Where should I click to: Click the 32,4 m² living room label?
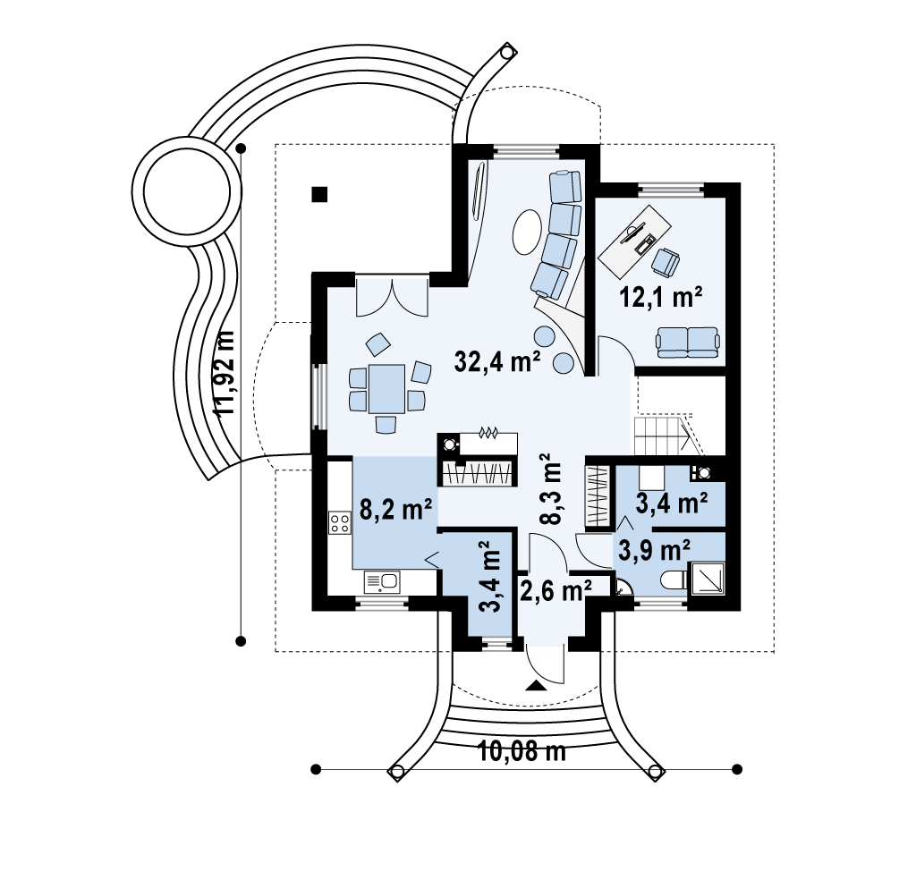(x=497, y=361)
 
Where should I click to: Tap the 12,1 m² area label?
(x=660, y=297)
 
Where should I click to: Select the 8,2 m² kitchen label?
(x=395, y=510)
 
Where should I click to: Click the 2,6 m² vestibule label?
(x=556, y=591)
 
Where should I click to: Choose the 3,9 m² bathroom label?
(x=654, y=550)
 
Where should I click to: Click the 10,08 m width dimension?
(x=522, y=751)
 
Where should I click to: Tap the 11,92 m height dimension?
(x=224, y=374)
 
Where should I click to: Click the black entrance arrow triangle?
(x=535, y=686)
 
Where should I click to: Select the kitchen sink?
(x=382, y=582)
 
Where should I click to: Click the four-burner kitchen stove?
(x=339, y=522)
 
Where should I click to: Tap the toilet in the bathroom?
(x=674, y=581)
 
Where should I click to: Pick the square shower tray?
(x=708, y=579)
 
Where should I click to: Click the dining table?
(x=386, y=388)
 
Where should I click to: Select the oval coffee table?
(x=528, y=233)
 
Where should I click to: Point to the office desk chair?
(x=666, y=262)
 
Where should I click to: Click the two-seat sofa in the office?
(x=688, y=343)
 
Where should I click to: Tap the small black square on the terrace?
(x=319, y=194)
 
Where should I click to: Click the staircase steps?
(x=665, y=434)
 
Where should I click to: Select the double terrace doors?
(x=392, y=297)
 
